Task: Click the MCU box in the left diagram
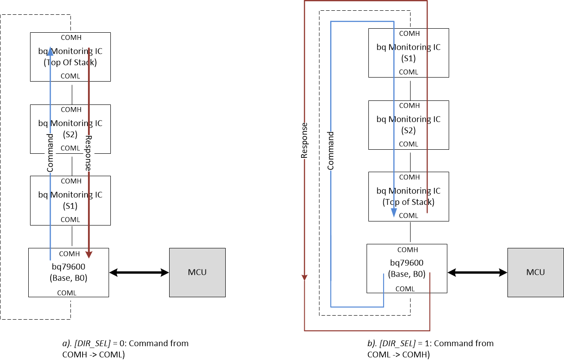tap(197, 272)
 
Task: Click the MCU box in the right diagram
tap(535, 272)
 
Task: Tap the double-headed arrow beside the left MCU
tap(139, 272)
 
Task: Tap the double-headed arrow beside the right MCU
tap(477, 272)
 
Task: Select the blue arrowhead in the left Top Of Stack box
tap(50, 52)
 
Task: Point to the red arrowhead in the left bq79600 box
tap(89, 254)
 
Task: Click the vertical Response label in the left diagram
tap(88, 153)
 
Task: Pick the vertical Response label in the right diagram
tap(304, 141)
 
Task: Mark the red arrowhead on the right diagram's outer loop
tap(304, 277)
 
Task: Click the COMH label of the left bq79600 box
tap(69, 254)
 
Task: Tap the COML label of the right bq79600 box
tap(405, 289)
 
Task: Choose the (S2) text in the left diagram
tap(70, 134)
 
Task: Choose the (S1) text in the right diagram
tap(408, 58)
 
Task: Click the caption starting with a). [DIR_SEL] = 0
tap(125, 348)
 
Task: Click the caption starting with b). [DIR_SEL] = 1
tap(430, 348)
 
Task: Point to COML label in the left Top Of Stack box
tap(70, 76)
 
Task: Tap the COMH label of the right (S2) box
tap(409, 105)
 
